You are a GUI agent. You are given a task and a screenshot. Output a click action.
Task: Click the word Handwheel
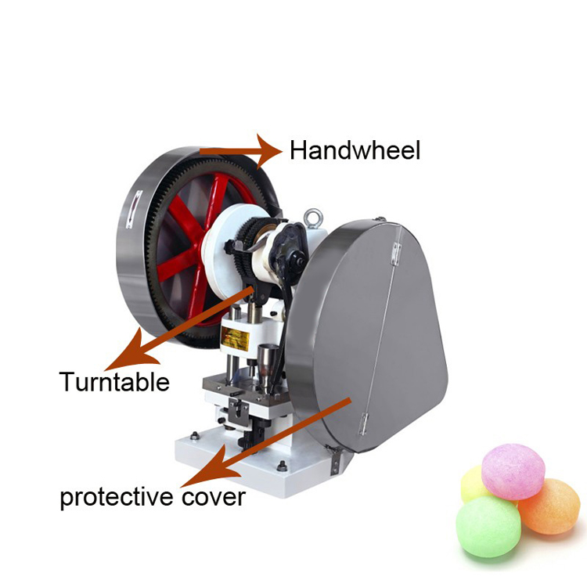pyautogui.click(x=355, y=150)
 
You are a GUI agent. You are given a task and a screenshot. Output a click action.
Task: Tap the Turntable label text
pyautogui.click(x=114, y=381)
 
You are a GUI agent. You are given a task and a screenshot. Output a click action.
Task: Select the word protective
pyautogui.click(x=117, y=497)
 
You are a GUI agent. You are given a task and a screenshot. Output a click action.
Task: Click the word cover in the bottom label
pyautogui.click(x=214, y=498)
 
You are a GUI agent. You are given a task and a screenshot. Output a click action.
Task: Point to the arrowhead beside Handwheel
pyautogui.click(x=268, y=151)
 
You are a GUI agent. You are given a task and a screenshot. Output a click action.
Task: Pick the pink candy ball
pyautogui.click(x=513, y=471)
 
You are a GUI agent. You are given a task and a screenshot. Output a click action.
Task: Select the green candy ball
pyautogui.click(x=488, y=527)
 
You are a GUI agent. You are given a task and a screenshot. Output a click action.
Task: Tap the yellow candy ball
pyautogui.click(x=474, y=484)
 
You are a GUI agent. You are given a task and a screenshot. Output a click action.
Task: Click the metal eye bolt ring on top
pyautogui.click(x=313, y=218)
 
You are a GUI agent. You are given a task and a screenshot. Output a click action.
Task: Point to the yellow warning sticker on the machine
pyautogui.click(x=235, y=338)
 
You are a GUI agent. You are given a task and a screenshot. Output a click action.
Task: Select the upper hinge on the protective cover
pyautogui.click(x=396, y=254)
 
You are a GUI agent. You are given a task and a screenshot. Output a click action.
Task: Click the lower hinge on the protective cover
pyautogui.click(x=364, y=424)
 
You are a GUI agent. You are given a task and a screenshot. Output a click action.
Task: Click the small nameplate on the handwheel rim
pyautogui.click(x=135, y=209)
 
